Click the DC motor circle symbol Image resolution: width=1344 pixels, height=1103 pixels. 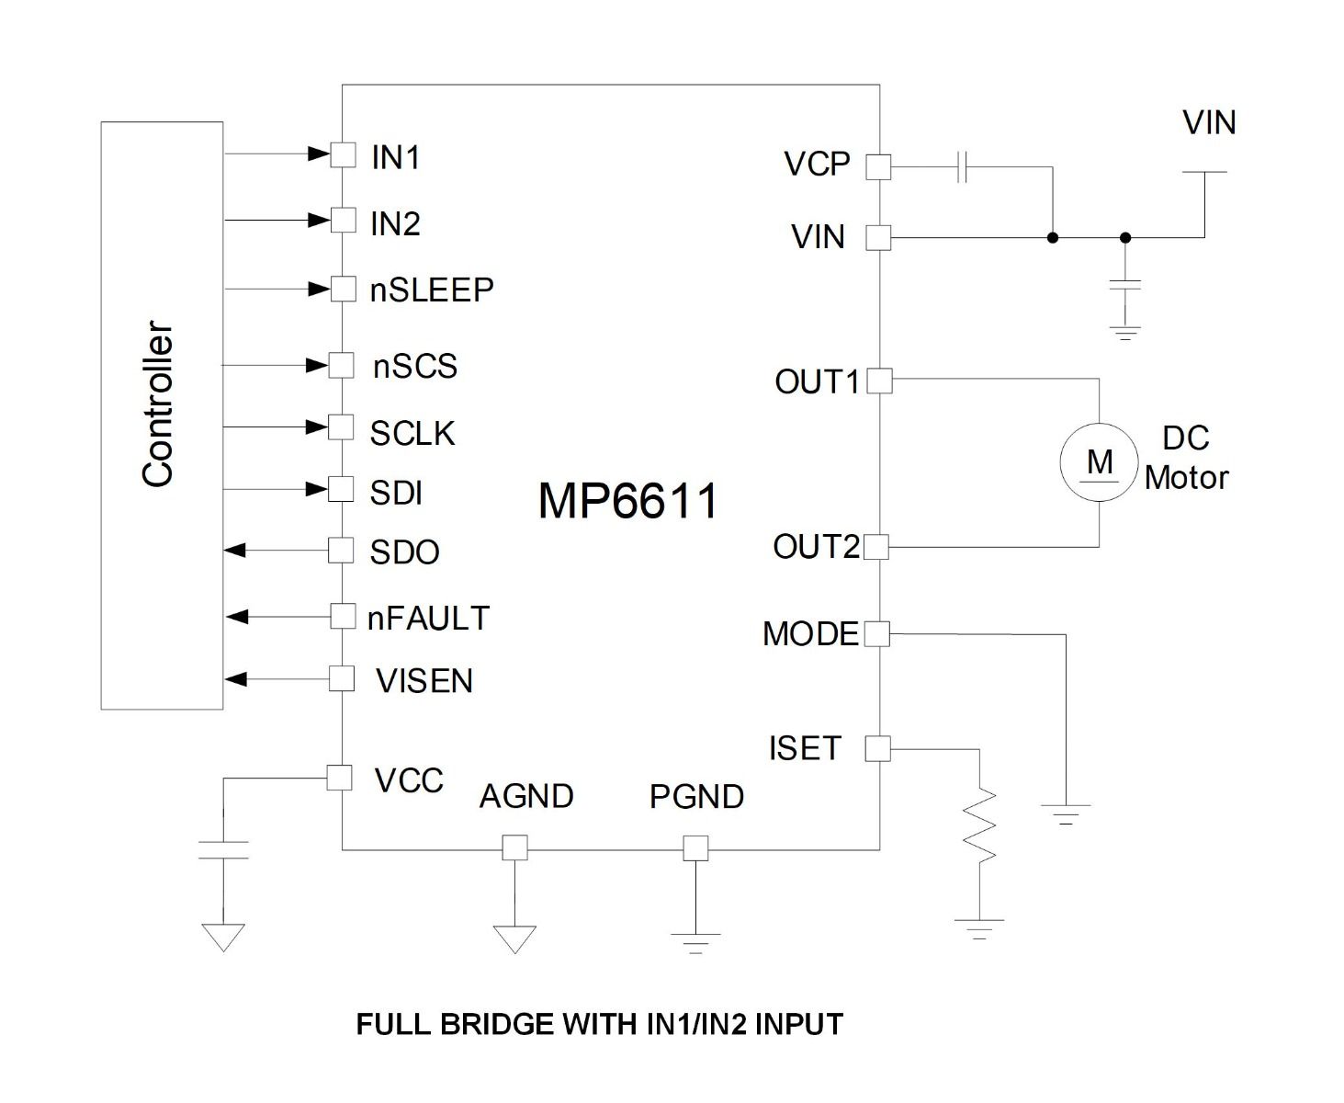1100,462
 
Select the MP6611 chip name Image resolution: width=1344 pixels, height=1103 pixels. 627,502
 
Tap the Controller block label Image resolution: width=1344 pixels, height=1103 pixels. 158,404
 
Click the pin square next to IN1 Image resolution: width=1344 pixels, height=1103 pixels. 343,154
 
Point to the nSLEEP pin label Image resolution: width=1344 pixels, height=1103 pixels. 432,290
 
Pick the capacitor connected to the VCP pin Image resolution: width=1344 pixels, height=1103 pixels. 962,167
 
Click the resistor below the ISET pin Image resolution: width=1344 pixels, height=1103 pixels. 980,824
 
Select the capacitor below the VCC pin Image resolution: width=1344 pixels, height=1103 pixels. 223,849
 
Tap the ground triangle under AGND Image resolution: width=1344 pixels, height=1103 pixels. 514,938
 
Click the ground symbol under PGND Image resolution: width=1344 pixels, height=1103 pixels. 695,943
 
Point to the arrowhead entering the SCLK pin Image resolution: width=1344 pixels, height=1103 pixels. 318,427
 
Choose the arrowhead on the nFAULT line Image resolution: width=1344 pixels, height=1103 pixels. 237,616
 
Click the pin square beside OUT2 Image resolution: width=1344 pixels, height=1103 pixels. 876,548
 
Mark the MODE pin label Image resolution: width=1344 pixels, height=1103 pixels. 810,634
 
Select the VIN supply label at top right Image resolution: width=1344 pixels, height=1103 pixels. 1208,123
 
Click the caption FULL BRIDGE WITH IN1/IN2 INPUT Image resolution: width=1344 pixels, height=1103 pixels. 599,1024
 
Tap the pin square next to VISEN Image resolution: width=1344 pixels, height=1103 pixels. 342,679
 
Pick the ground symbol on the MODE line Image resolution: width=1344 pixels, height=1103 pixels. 1066,813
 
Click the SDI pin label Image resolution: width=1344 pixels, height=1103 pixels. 396,494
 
